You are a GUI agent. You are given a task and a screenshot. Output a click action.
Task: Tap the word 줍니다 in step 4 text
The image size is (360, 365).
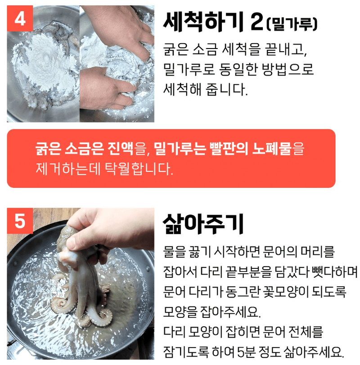click(x=229, y=89)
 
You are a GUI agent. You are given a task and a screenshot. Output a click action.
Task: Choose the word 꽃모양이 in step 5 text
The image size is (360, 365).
click(x=275, y=292)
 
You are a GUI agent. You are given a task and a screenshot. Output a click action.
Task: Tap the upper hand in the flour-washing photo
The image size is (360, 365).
click(x=121, y=27)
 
